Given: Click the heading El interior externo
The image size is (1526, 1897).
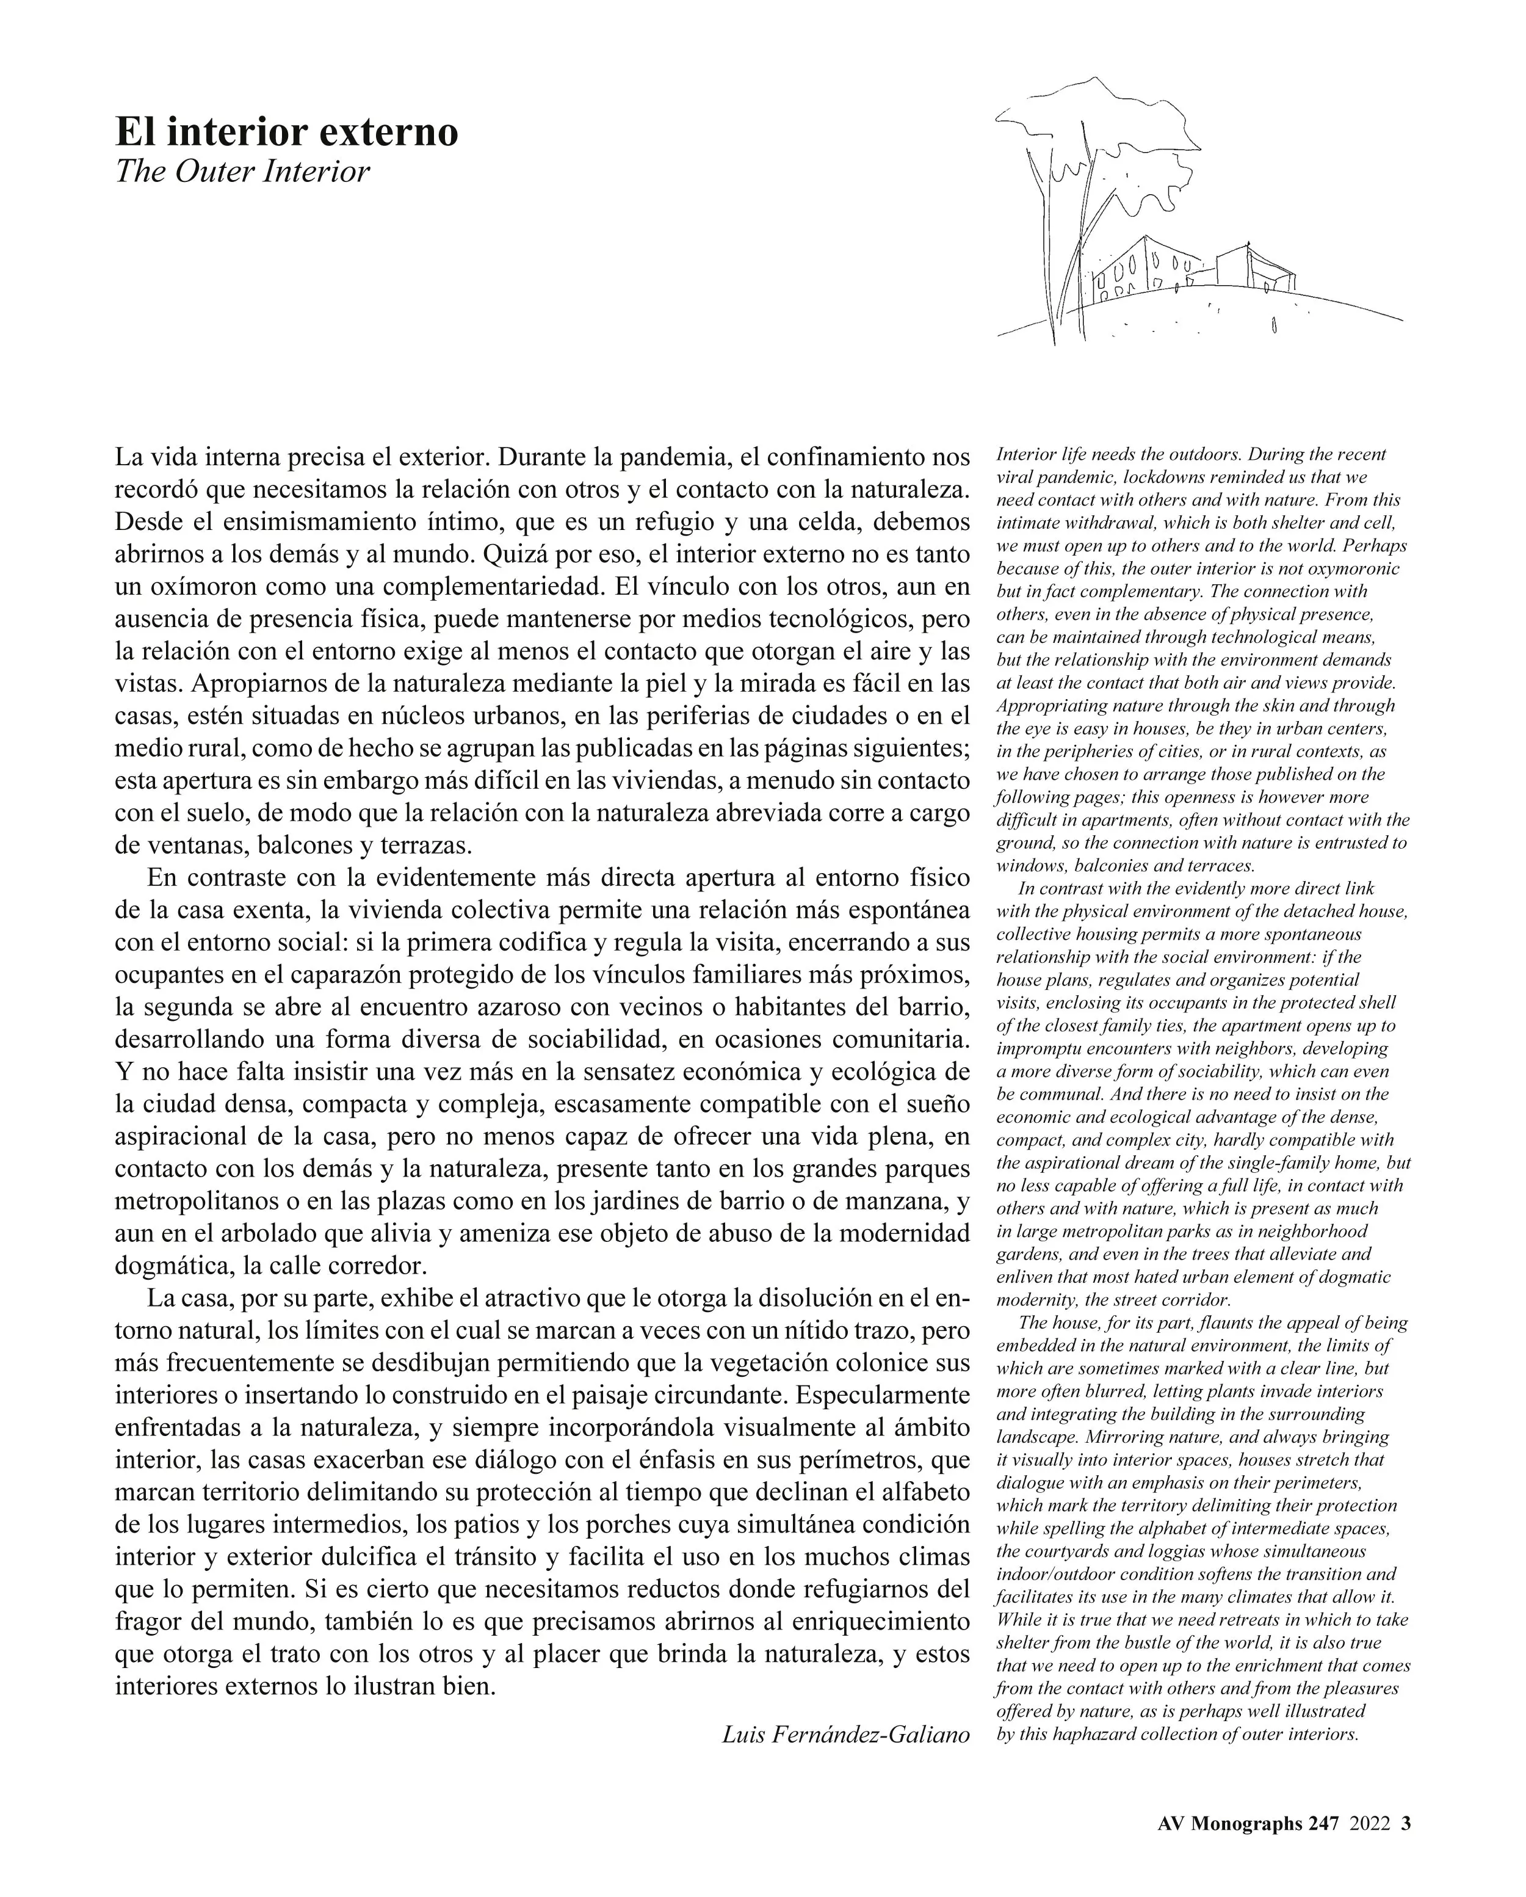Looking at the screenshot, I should pos(287,132).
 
